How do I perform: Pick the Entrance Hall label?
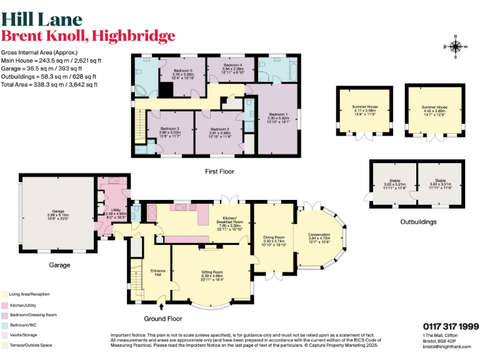(157, 272)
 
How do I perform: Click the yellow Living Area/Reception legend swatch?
(4, 294)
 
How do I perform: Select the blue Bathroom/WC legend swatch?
(4, 324)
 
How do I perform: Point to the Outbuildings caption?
(418, 222)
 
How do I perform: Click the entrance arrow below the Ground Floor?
(162, 307)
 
